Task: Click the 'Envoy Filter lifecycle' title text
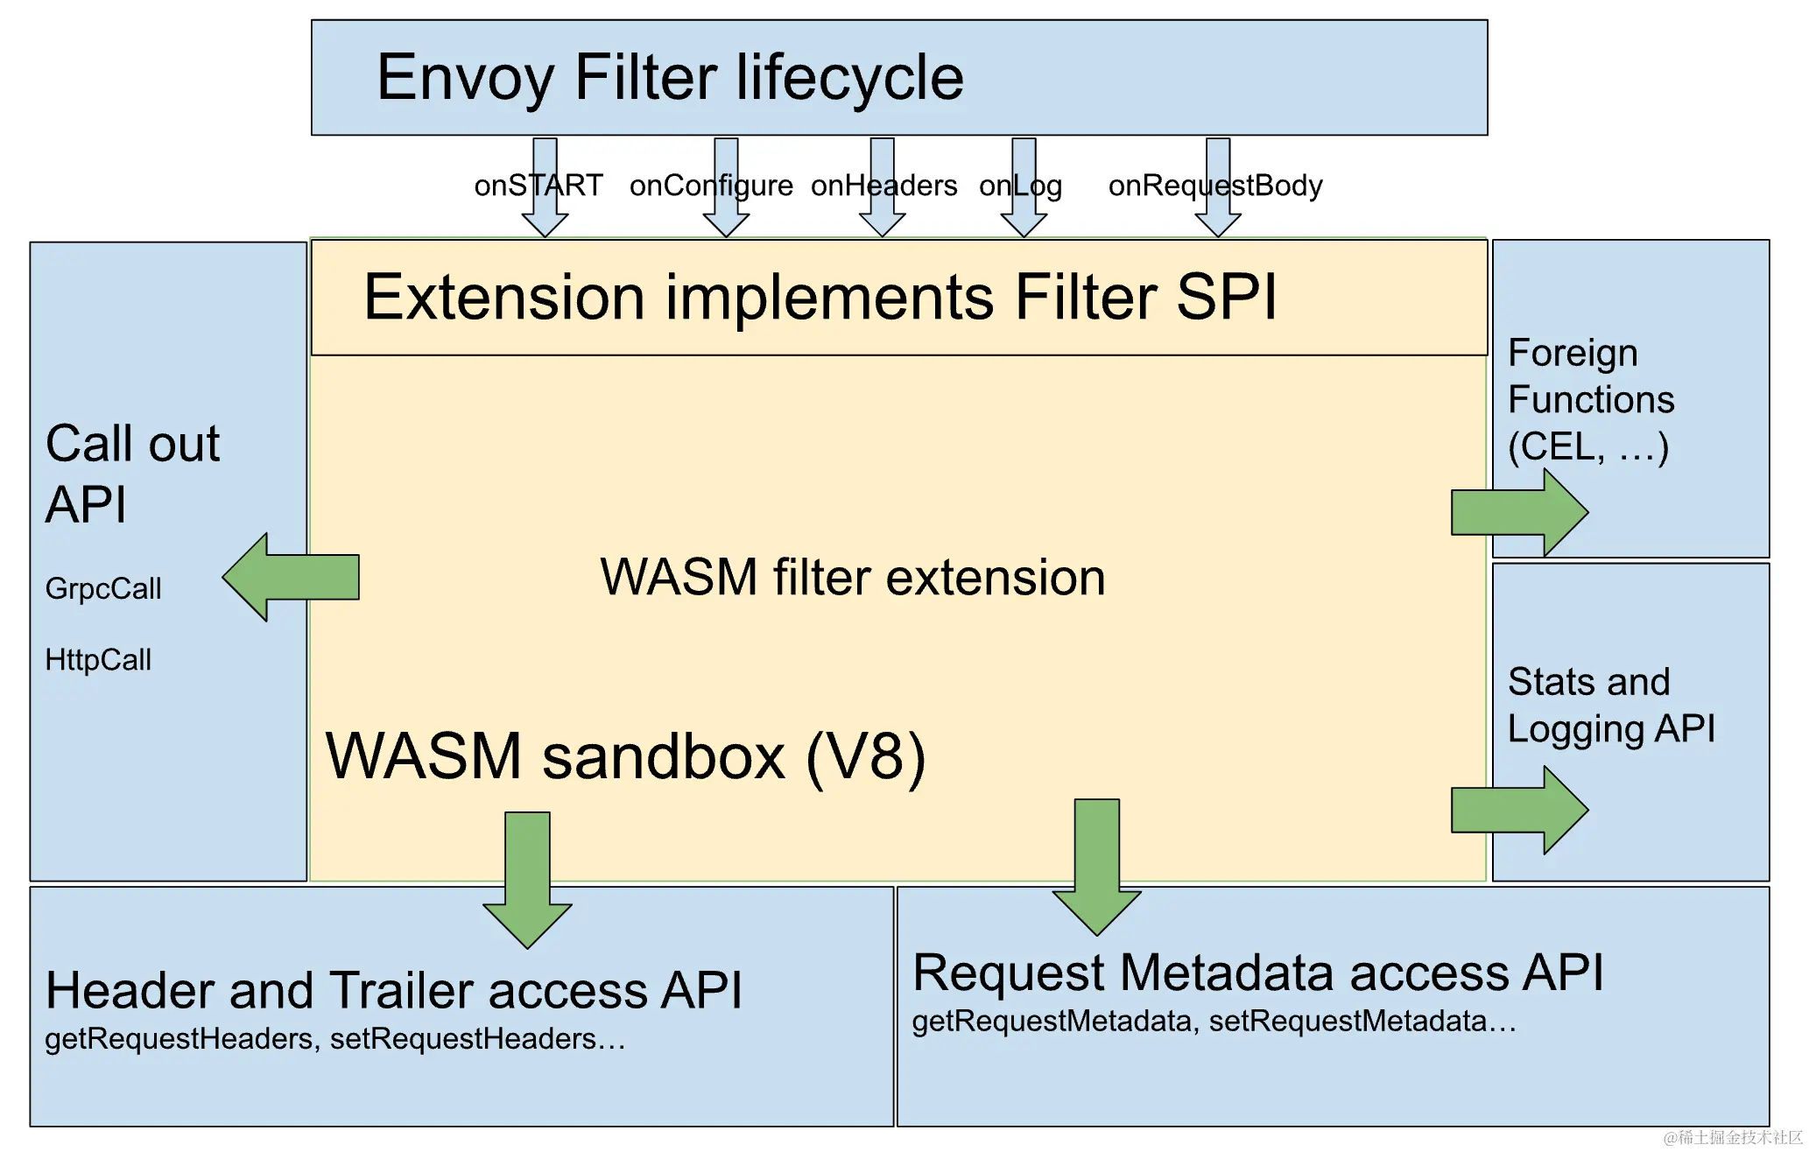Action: (670, 78)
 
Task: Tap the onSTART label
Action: (538, 186)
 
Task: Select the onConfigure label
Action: (711, 186)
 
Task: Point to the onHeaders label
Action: (883, 186)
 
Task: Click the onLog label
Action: (1020, 186)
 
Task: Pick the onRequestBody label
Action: (1215, 186)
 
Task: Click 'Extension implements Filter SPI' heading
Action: (820, 298)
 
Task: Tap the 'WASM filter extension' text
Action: (853, 578)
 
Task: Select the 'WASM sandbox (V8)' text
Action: (625, 757)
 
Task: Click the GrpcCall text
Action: (103, 589)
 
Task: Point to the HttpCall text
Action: (98, 659)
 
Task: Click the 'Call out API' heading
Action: (132, 474)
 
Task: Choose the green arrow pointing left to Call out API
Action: (291, 577)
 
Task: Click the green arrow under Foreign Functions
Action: (1520, 513)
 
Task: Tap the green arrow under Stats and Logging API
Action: (1520, 810)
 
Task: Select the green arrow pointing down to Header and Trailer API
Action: (527, 880)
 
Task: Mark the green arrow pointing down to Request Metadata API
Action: (1096, 867)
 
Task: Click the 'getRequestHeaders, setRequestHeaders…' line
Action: (335, 1039)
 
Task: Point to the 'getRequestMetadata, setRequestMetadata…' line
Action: (1214, 1022)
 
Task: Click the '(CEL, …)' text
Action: (1588, 447)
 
